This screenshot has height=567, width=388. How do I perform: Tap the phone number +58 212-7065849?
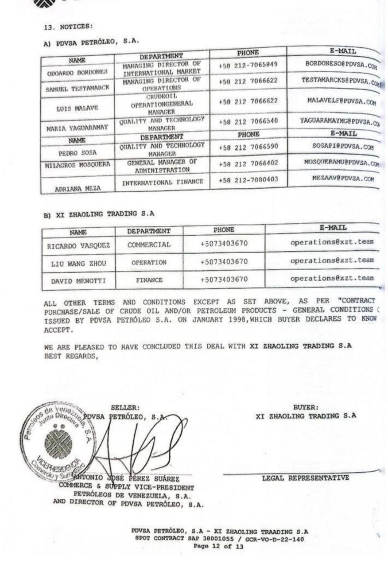(248, 65)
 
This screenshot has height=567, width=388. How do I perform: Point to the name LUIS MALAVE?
(77, 108)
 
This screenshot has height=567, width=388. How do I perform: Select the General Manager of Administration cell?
(161, 166)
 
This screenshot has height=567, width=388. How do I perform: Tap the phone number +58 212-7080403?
(248, 180)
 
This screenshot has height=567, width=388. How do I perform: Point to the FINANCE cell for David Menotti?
(149, 280)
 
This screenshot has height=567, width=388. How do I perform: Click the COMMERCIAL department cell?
(149, 245)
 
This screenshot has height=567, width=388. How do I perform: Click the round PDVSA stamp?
(56, 443)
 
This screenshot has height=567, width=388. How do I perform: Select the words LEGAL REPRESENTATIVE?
(305, 478)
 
